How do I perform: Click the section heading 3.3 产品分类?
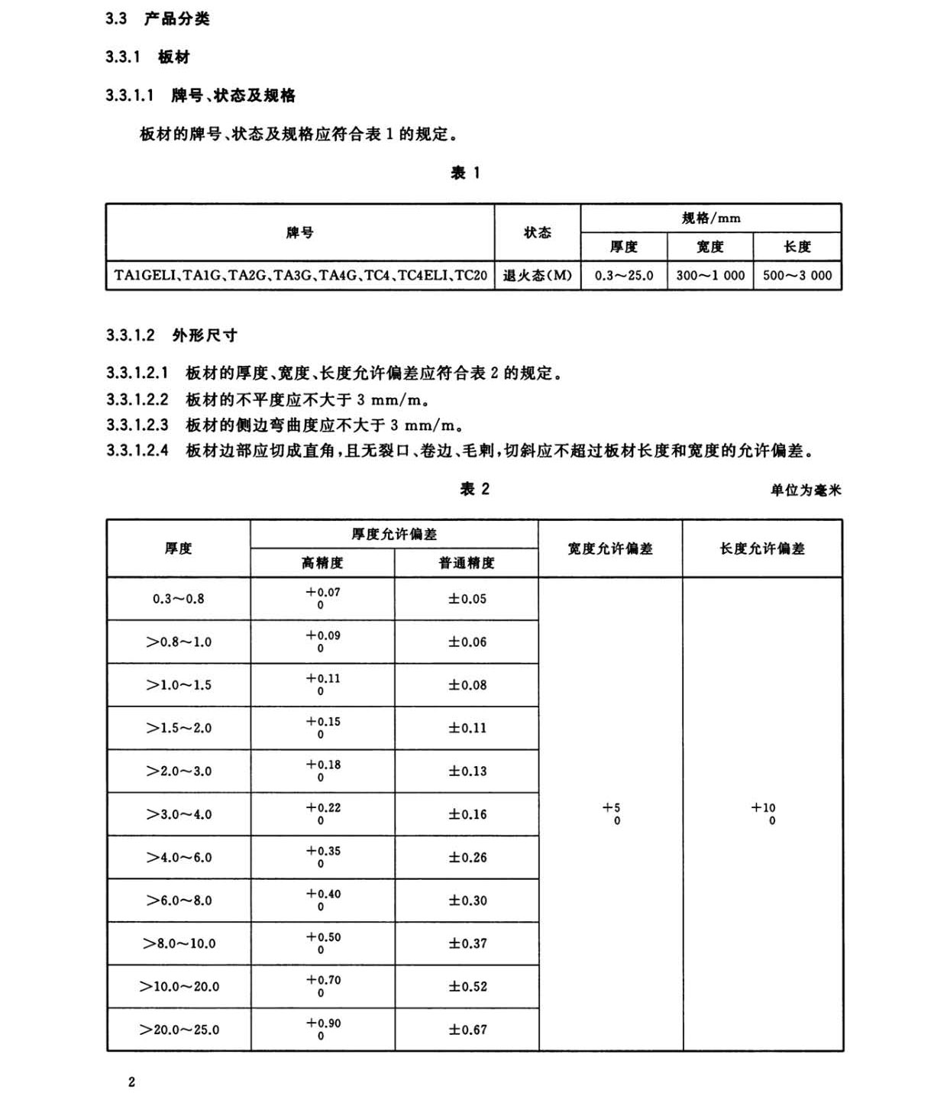tap(157, 19)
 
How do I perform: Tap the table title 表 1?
tap(465, 173)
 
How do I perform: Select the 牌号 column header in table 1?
tap(299, 232)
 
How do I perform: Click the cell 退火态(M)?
tap(537, 276)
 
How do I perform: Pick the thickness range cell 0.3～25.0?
tap(624, 276)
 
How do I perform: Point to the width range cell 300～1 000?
tap(710, 276)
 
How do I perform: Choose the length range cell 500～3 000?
tap(797, 276)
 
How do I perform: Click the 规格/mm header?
tap(711, 218)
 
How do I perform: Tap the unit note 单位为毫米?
tap(805, 490)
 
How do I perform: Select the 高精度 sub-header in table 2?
tap(322, 563)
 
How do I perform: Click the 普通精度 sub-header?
tap(467, 563)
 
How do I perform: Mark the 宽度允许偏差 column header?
tap(610, 548)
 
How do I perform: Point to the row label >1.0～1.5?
tap(179, 685)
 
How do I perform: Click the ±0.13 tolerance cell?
tap(467, 771)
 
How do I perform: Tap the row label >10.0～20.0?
tap(179, 987)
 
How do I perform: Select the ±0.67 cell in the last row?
tap(467, 1030)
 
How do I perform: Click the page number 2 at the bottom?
tap(132, 1082)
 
